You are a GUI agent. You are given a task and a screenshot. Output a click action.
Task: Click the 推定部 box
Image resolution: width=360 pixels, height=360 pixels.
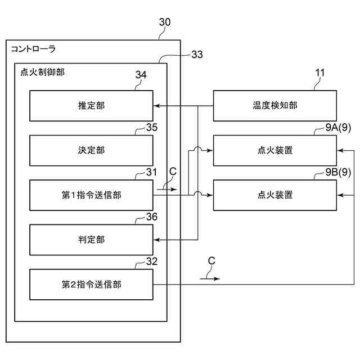pos(91,106)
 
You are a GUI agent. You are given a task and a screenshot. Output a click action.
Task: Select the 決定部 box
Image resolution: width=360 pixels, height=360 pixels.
pos(91,150)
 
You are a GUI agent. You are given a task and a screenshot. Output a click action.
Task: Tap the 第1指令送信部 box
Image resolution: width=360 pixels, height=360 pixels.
pos(91,195)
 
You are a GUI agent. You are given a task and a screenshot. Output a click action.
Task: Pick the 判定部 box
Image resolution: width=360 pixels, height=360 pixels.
pos(91,240)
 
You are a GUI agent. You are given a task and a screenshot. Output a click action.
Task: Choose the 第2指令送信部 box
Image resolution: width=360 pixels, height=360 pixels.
pos(91,285)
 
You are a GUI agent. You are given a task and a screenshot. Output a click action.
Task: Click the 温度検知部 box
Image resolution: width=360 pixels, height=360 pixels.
pos(275,106)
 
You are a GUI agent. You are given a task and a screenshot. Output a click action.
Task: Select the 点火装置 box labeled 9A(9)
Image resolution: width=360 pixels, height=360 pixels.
pos(275,150)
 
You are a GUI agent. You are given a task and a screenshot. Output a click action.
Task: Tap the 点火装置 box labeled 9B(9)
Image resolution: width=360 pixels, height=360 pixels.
pos(275,195)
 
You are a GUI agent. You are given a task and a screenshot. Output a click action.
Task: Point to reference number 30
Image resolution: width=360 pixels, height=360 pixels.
pos(165,22)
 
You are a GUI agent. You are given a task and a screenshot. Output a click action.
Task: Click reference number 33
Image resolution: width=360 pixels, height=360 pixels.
pos(197,55)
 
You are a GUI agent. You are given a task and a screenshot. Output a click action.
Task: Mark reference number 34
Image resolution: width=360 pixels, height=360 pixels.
pos(141,75)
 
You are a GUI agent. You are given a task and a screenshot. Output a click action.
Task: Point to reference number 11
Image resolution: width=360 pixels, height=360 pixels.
pos(320,73)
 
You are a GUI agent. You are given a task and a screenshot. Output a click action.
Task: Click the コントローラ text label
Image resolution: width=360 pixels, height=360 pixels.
pos(33,49)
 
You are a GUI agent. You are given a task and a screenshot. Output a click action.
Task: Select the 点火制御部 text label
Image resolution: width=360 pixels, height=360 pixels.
pos(43,72)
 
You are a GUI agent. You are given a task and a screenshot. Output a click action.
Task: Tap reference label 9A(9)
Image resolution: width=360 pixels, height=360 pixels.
pos(338,128)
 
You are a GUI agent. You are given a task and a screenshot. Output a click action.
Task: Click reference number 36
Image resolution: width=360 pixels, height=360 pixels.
pos(152,217)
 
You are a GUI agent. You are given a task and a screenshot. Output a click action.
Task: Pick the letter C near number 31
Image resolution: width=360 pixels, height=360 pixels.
pos(173,172)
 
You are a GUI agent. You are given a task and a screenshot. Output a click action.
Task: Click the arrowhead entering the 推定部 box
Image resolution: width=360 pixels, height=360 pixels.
pos(156,106)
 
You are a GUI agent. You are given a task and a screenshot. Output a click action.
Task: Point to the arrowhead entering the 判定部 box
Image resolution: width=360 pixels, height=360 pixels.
pos(156,240)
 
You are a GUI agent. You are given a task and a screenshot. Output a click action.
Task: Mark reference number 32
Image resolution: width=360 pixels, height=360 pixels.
pos(152,262)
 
